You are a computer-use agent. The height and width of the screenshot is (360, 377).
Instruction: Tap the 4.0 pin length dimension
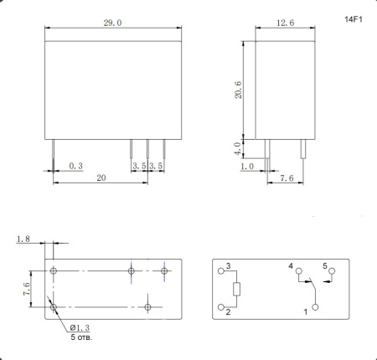pos(237,148)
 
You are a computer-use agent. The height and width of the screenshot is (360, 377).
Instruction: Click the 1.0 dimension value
pos(246,167)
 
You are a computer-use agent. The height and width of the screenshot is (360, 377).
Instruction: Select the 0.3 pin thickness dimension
pos(75,167)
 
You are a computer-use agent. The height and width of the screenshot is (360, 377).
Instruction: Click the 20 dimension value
pos(100,177)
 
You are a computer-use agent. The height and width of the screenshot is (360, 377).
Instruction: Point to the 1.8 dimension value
pos(23,239)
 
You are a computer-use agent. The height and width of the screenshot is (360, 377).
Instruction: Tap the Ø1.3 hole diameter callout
pos(80,327)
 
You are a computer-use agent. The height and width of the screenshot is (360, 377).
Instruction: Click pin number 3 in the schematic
pos(227,266)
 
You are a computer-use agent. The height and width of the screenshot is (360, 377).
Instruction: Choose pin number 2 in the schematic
pos(227,312)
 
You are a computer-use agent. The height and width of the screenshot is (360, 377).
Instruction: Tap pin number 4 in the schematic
pos(291,266)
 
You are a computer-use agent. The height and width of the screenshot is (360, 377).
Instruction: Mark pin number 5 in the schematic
pos(325,266)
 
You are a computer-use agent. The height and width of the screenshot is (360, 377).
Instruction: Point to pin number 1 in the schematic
pos(306,312)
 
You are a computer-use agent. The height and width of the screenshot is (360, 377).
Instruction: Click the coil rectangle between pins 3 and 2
pos(237,290)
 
